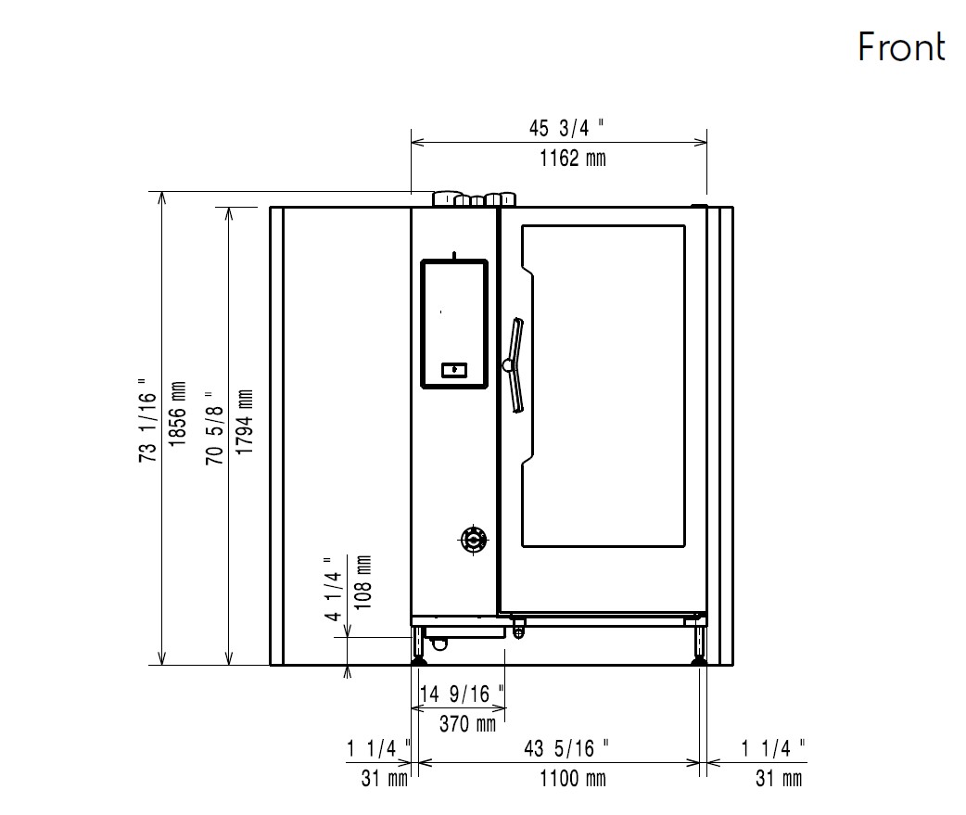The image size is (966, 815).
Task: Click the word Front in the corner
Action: [x=901, y=46]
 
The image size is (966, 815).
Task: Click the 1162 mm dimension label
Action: [x=573, y=159]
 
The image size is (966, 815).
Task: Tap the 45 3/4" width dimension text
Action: [x=566, y=128]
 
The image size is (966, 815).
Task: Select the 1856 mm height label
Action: [x=177, y=414]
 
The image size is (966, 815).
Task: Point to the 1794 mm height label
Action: [x=245, y=422]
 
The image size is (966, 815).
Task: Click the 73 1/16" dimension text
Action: [x=147, y=420]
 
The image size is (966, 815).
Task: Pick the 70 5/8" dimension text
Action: [x=215, y=427]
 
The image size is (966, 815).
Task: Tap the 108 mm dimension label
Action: [x=363, y=582]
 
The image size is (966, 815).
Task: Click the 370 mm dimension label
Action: [x=467, y=724]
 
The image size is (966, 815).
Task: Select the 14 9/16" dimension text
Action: [x=462, y=694]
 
